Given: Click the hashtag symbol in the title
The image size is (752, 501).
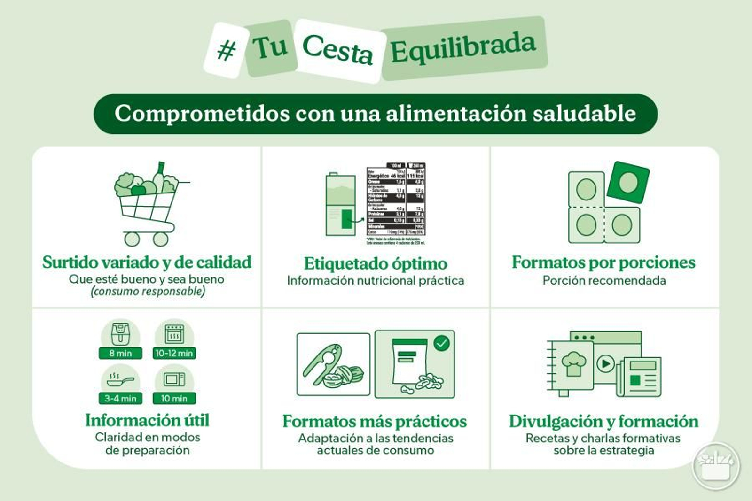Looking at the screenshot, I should pyautogui.click(x=226, y=50).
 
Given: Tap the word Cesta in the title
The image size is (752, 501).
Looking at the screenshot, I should pyautogui.click(x=337, y=50).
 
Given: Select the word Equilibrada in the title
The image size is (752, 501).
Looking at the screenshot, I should pyautogui.click(x=463, y=47).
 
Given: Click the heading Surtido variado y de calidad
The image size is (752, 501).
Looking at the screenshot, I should pyautogui.click(x=147, y=262).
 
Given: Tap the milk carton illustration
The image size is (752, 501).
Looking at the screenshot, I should pyautogui.click(x=340, y=205).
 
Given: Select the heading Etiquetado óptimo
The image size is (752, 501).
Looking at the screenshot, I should pyautogui.click(x=375, y=263).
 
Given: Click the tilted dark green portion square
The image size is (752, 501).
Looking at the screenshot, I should pyautogui.click(x=628, y=182).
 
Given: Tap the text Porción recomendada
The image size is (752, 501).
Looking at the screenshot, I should pyautogui.click(x=604, y=280).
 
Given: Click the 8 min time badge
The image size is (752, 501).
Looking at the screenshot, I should pyautogui.click(x=120, y=353).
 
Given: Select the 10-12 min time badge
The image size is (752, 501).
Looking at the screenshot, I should pyautogui.click(x=174, y=353).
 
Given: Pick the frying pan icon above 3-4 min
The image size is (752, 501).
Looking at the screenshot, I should pyautogui.click(x=120, y=380).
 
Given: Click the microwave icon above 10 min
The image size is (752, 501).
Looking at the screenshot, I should pyautogui.click(x=174, y=379).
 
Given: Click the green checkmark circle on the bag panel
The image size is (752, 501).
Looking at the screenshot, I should pyautogui.click(x=441, y=343).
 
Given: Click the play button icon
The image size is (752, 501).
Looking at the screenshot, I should pyautogui.click(x=605, y=363).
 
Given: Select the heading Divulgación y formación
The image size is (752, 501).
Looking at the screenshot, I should pyautogui.click(x=603, y=421).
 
